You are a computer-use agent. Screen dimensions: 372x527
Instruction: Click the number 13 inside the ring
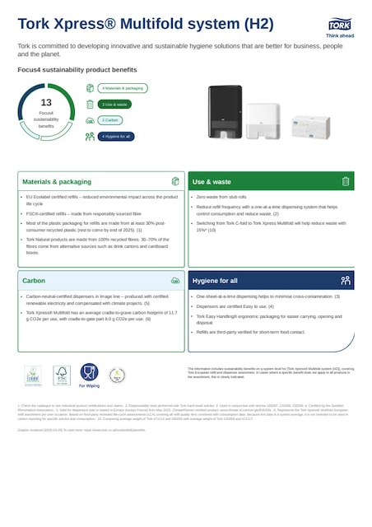pos(46,102)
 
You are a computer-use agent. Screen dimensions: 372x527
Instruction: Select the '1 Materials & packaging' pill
pos(123,87)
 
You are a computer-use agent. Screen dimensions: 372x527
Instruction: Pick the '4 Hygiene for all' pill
pos(115,137)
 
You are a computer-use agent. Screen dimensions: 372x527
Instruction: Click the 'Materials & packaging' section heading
pos(57,181)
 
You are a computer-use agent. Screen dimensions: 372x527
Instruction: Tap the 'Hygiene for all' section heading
pos(216,281)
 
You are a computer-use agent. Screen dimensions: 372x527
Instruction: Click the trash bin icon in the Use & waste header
pos(346,181)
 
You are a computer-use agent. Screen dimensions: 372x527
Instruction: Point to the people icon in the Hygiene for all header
pos(346,281)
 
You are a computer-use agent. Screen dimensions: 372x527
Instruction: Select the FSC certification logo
pos(60,375)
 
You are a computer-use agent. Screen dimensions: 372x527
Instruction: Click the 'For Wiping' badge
pos(90,375)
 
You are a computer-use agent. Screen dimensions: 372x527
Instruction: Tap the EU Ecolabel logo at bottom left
pos(32,375)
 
